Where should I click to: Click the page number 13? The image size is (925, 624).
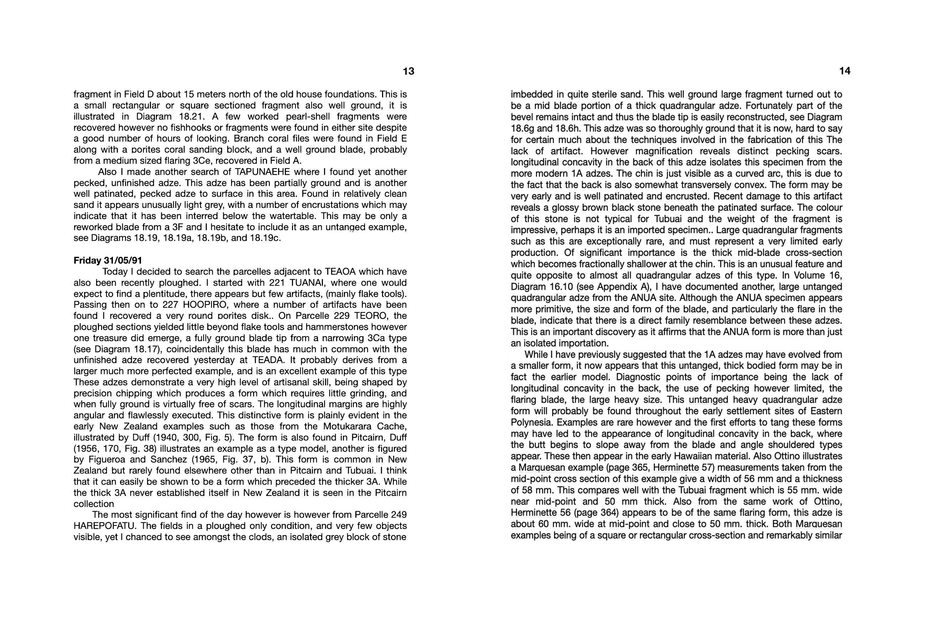click(x=408, y=71)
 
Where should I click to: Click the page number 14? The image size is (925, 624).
click(x=845, y=71)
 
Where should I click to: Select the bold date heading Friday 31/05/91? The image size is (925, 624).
click(x=108, y=260)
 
